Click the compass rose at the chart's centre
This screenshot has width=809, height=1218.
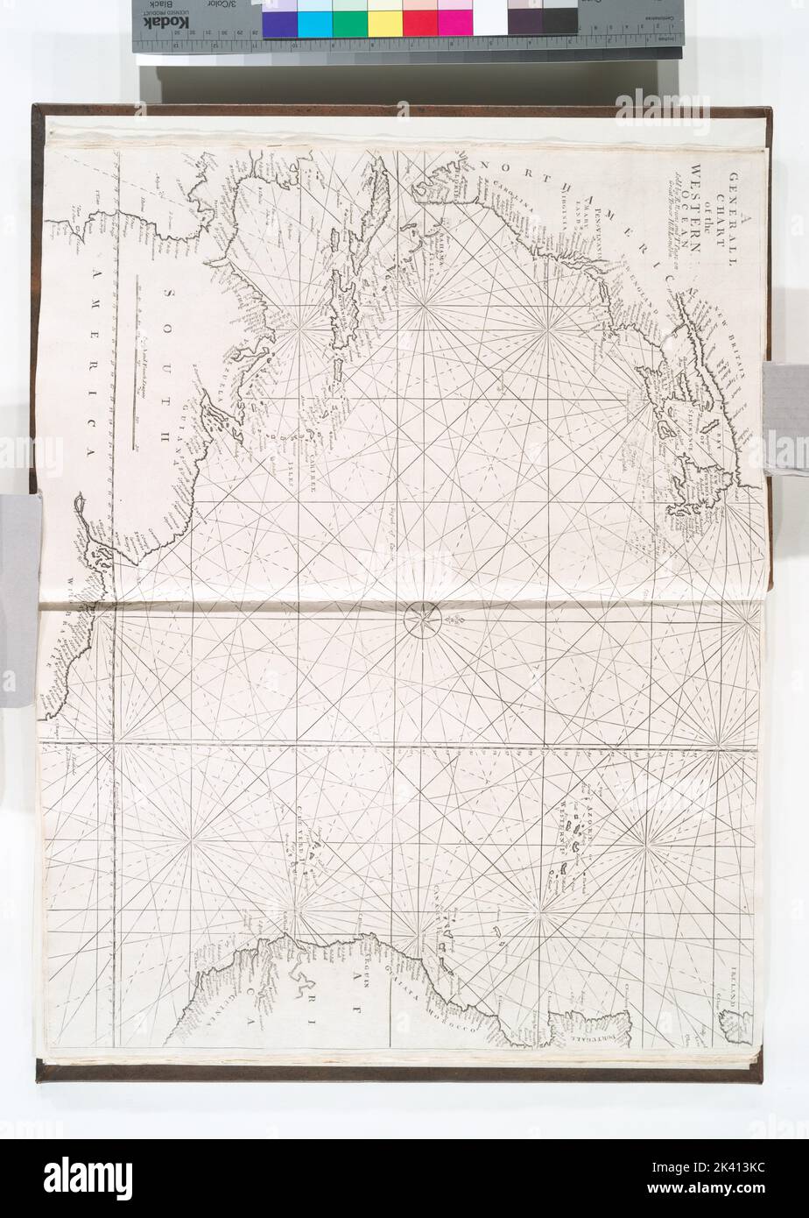click(x=419, y=621)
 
